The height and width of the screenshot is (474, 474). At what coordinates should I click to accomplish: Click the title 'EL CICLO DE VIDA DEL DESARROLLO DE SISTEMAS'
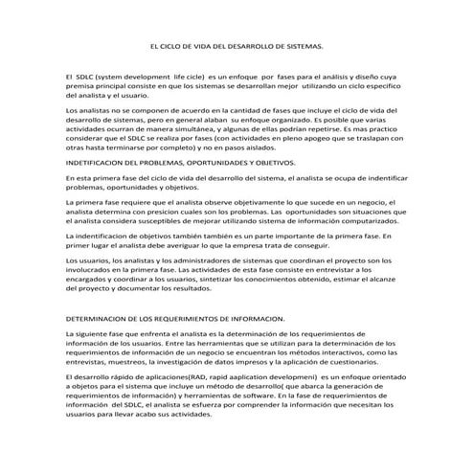tap(237, 45)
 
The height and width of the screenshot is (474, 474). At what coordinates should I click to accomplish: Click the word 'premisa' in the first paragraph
tap(81, 83)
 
